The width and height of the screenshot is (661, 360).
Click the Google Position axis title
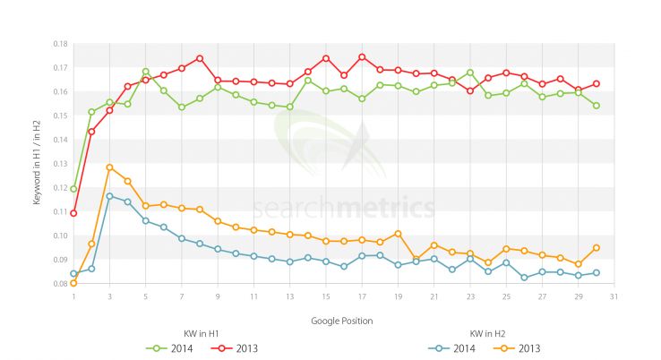[343, 319]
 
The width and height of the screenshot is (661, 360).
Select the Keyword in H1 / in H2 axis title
[38, 164]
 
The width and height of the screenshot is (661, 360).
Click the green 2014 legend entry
[172, 347]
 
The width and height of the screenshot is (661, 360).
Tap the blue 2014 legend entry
[453, 347]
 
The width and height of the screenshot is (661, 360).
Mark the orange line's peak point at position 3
[110, 167]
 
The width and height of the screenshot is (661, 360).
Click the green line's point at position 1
[73, 189]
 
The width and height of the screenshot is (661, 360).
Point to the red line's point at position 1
[73, 213]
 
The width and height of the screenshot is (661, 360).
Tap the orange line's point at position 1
[73, 283]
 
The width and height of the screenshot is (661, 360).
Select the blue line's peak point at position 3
[110, 196]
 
